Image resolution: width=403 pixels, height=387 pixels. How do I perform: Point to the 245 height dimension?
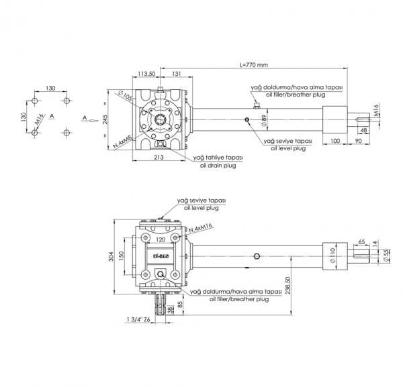105,120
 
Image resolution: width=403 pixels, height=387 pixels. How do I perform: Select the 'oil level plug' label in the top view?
287,149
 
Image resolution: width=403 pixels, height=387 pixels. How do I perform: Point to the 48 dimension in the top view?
363,129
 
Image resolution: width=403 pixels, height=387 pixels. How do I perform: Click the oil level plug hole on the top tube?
247,120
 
